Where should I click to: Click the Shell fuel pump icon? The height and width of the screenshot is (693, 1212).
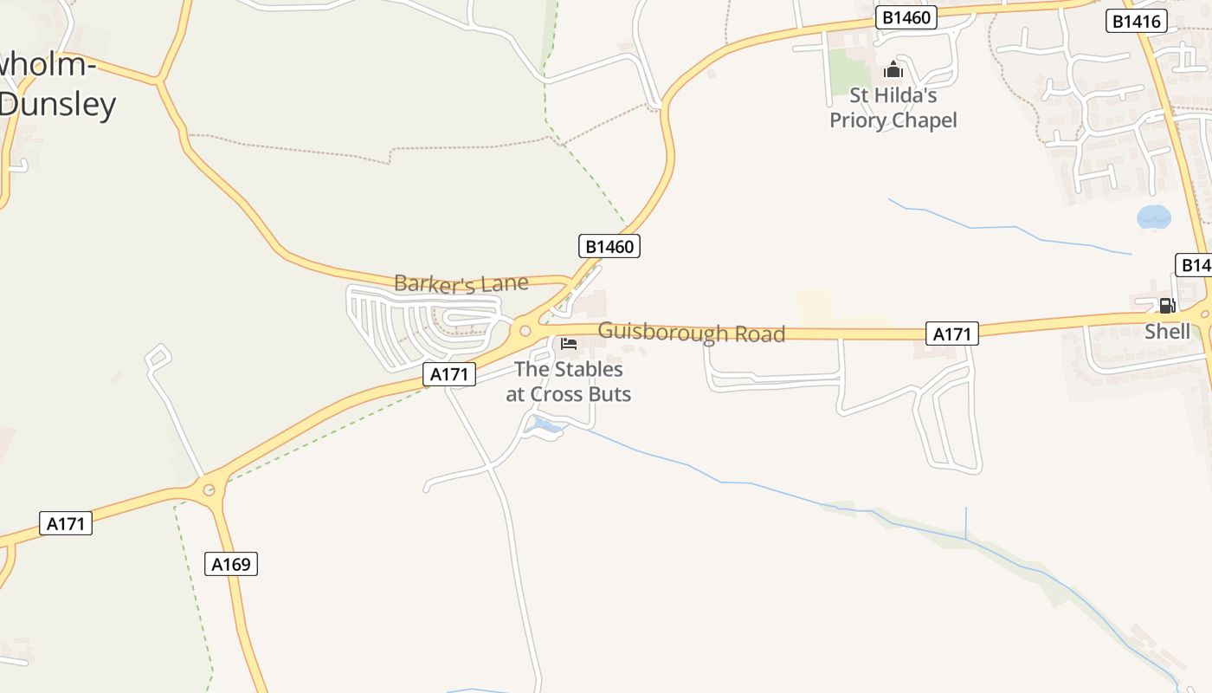click(x=1167, y=305)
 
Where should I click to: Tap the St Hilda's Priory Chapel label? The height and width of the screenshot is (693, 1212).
click(x=893, y=107)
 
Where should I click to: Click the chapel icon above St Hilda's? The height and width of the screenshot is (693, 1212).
click(x=893, y=70)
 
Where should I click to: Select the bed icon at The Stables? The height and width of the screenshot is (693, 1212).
click(x=569, y=344)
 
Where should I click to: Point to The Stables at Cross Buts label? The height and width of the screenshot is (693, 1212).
click(x=568, y=381)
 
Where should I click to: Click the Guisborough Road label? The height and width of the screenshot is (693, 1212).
click(x=691, y=333)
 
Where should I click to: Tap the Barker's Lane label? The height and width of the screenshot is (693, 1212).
click(x=461, y=283)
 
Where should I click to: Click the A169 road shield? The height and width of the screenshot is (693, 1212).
click(x=232, y=564)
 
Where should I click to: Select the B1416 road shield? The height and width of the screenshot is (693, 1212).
click(x=1137, y=22)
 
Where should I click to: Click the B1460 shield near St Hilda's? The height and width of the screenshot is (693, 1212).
click(x=906, y=17)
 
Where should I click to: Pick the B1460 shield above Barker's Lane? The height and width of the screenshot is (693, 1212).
click(x=609, y=246)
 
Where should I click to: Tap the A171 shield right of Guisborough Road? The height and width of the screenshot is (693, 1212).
click(x=952, y=334)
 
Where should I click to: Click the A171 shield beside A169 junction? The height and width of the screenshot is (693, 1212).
click(x=66, y=523)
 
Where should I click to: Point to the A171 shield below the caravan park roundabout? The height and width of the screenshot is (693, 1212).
click(x=450, y=374)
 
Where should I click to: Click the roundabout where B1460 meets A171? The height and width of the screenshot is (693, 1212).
click(x=525, y=330)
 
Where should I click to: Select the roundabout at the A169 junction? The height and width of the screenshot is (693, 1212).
click(x=209, y=490)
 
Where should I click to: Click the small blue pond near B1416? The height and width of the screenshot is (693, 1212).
click(x=1153, y=217)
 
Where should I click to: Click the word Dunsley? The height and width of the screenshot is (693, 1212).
click(x=57, y=105)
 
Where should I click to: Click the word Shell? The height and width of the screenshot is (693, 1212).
click(x=1167, y=331)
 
